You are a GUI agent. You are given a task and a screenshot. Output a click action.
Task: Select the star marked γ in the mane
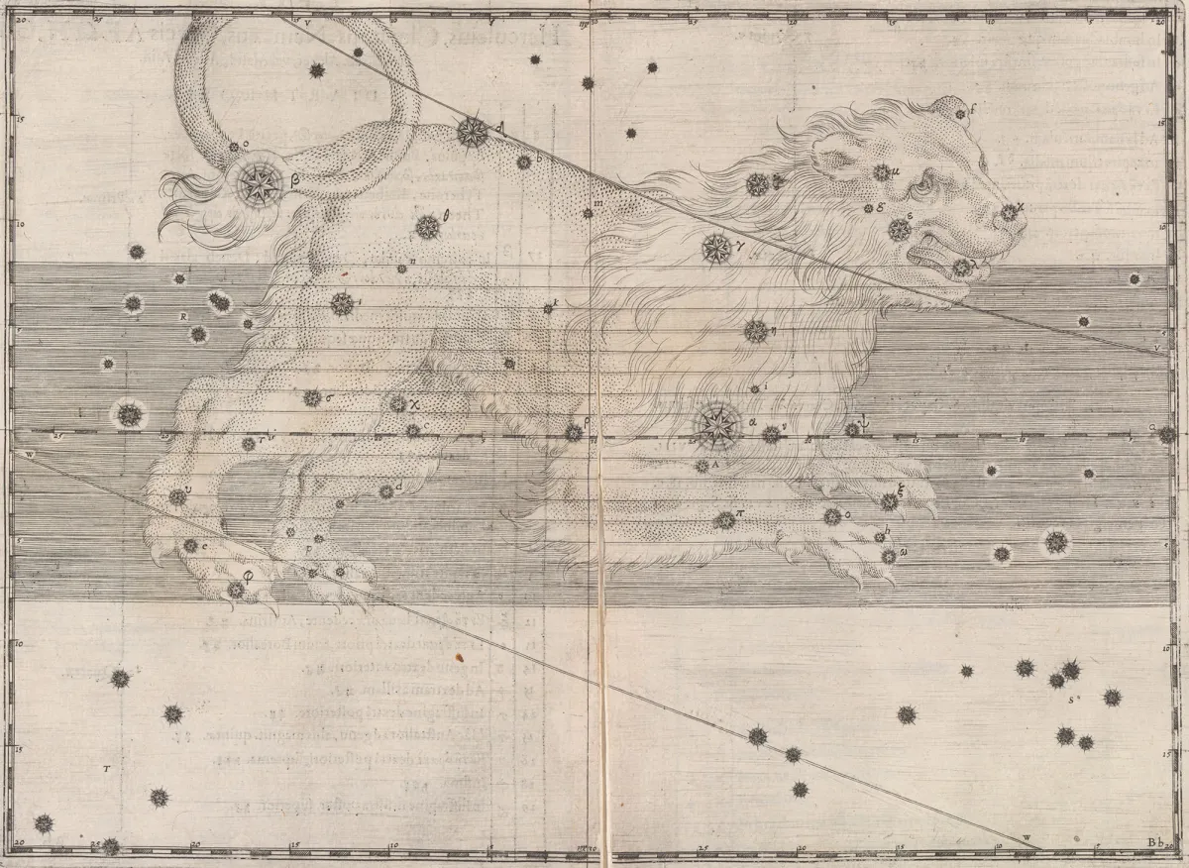point(714,248)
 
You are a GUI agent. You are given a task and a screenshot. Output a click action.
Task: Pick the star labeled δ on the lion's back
point(472,131)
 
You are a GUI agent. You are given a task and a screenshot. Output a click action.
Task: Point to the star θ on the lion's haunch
point(427,227)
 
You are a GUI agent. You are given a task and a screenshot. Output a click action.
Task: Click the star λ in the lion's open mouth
point(961,267)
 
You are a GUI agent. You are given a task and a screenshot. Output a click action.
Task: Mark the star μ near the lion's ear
point(881,173)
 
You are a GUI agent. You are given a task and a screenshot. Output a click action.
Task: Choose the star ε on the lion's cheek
point(899,230)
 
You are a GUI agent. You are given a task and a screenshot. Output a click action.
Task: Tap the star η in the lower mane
point(756,330)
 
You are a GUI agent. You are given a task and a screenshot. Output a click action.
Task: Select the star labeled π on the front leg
point(725,520)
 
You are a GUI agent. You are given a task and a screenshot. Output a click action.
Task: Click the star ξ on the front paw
point(890,501)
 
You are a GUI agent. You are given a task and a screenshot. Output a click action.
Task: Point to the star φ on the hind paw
point(236,590)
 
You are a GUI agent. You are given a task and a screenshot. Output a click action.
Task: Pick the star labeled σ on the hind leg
point(312,397)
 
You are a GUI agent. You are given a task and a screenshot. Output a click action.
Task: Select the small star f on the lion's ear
point(959,114)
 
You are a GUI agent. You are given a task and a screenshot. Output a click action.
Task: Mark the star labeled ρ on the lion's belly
point(574,432)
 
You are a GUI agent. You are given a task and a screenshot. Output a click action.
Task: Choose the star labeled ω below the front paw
point(889,556)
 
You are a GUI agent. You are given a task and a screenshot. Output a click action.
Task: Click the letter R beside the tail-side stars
point(184,317)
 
